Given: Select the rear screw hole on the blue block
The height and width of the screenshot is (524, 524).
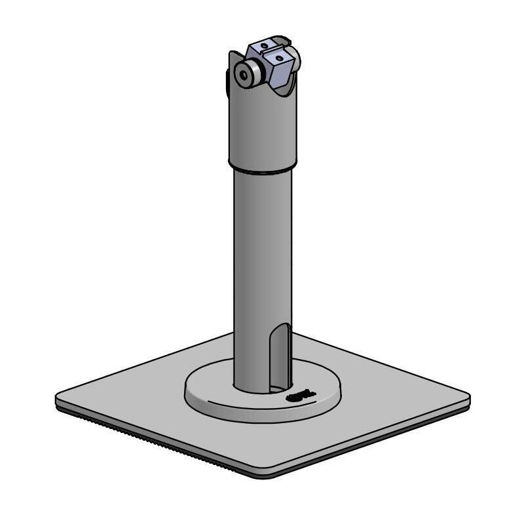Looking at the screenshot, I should pyautogui.click(x=263, y=45).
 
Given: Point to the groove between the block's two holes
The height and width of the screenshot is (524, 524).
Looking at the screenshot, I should pyautogui.click(x=271, y=51).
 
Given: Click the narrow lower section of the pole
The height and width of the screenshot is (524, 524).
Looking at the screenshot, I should pyautogui.click(x=252, y=262).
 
